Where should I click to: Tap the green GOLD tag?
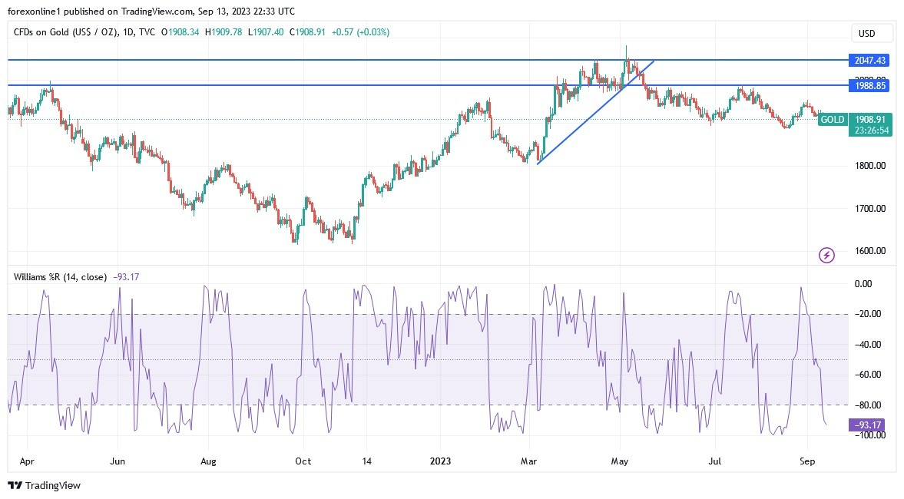(x=833, y=120)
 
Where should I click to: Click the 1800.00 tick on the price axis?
(x=870, y=166)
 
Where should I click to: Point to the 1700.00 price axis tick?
(x=870, y=209)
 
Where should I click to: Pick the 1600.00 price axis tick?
(x=870, y=251)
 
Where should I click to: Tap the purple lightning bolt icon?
(x=826, y=255)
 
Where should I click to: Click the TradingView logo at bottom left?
(x=45, y=485)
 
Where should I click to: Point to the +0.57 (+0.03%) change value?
(x=360, y=32)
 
